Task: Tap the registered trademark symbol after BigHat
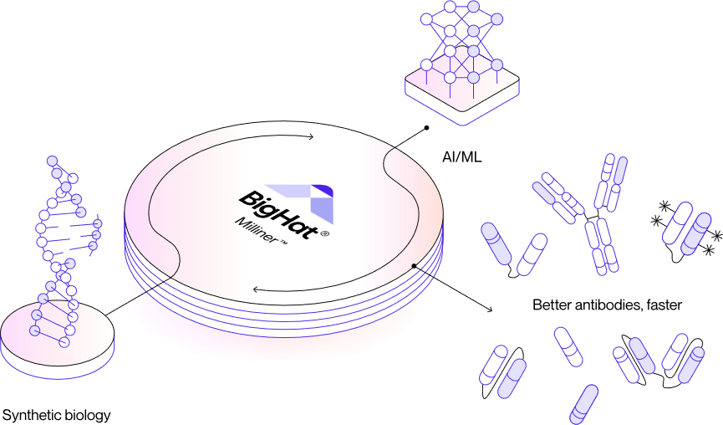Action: coord(325,236)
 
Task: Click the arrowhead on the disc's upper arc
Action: coord(310,137)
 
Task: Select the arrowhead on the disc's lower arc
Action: coord(256,290)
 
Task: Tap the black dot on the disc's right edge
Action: coord(414,266)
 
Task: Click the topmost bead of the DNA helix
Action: coord(52,160)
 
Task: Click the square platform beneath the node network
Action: coord(462,94)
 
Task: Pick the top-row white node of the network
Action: coord(450,7)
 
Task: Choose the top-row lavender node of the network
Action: coord(473,7)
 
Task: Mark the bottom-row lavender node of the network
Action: coord(473,78)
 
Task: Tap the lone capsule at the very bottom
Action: coord(584,403)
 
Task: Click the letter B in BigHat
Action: coord(247,199)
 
